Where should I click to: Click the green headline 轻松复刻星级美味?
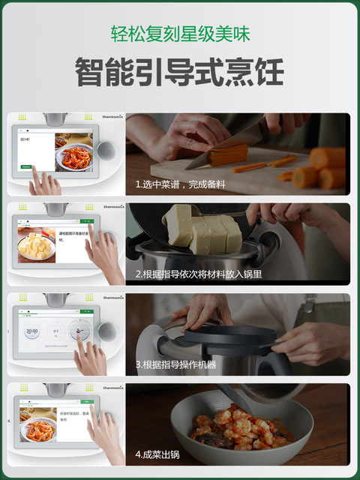tap(180, 34)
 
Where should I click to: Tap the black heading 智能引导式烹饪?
tap(180, 73)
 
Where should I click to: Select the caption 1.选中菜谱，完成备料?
tap(181, 184)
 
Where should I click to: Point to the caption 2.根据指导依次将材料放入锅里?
tap(199, 274)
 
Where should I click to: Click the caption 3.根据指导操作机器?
tap(175, 364)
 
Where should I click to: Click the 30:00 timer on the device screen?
tap(32, 330)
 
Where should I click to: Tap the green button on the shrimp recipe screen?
tap(26, 166)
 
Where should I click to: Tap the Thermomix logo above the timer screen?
tap(112, 298)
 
